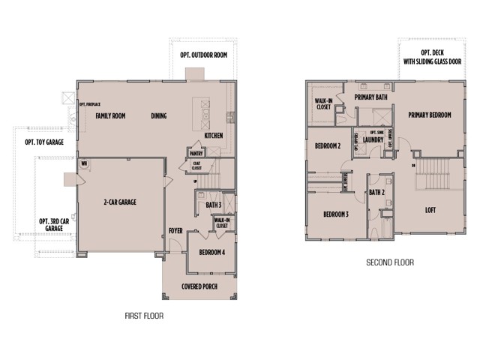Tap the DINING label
pos(158,116)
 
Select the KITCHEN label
pos(214,136)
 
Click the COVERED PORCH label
pos(199,286)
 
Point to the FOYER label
pos(175,231)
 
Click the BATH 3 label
pos(213,203)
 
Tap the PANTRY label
pos(197,153)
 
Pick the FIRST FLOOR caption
pos(143,316)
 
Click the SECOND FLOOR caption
pos(389,262)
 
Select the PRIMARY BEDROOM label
pos(430,115)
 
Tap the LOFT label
pos(430,211)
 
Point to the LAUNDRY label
pos(373,139)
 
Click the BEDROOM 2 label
pos(328,145)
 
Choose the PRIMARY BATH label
pos(370,97)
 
